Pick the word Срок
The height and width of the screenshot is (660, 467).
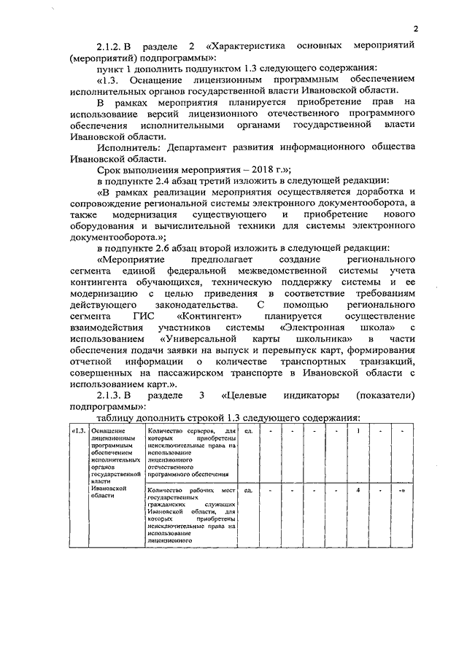coord(109,168)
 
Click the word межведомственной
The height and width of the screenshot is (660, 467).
coord(263,271)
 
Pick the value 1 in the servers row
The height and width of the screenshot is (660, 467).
coord(359,431)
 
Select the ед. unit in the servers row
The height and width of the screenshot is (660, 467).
coord(249,431)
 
